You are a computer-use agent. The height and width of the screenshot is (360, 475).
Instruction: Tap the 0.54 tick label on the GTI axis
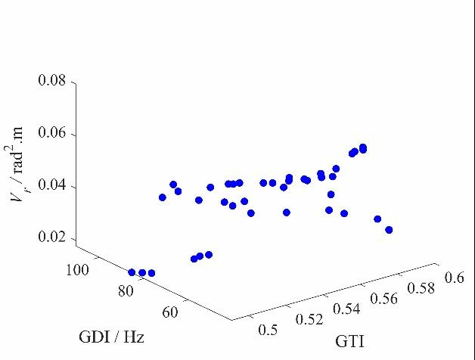[x=346, y=309]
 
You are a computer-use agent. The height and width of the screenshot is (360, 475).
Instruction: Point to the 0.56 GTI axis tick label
[x=383, y=298]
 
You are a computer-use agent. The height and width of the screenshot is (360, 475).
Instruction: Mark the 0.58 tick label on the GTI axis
[x=420, y=288]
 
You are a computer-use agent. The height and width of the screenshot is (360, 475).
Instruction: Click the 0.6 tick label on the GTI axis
[x=454, y=278]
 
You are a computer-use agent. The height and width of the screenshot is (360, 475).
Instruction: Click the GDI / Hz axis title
[x=111, y=337]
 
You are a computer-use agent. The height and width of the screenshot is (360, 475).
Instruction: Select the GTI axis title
[x=349, y=342]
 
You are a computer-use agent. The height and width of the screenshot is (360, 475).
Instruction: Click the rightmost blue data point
[x=389, y=230]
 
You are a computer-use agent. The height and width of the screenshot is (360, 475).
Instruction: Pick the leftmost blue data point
[x=132, y=272]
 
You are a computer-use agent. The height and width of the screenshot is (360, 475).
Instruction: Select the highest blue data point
[x=363, y=147]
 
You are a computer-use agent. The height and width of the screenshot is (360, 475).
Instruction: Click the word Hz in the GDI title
[x=134, y=337]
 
